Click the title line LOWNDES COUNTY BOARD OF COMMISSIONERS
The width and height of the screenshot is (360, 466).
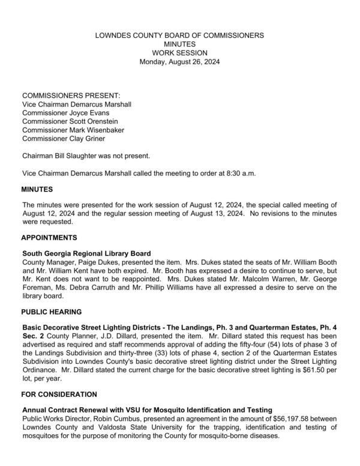point(179,35)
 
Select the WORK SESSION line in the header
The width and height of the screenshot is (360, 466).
point(179,53)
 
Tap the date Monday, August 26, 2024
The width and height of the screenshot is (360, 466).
point(179,62)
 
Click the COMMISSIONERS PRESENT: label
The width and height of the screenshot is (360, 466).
point(71,95)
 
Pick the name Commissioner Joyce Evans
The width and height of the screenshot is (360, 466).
point(68,113)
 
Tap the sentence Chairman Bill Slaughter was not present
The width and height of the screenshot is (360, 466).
point(86,156)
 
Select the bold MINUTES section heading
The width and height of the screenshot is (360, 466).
point(37,190)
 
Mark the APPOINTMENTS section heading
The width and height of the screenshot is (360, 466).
point(49,238)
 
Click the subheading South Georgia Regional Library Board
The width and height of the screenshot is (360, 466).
point(86,254)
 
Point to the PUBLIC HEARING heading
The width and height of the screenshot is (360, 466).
point(52,312)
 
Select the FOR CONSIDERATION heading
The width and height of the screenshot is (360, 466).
point(59,395)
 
